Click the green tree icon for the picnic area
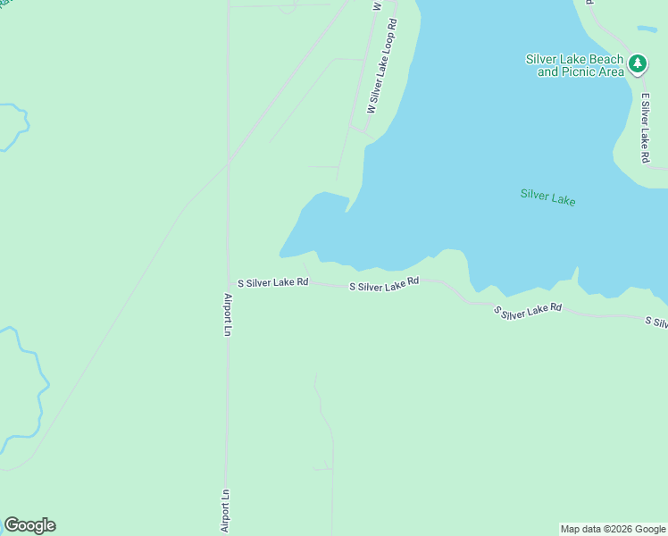(637, 63)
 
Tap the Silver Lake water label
(547, 197)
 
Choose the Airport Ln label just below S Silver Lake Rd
(228, 314)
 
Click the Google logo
(29, 525)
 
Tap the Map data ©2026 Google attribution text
(613, 529)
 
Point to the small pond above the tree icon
(647, 29)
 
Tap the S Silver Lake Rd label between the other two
(384, 284)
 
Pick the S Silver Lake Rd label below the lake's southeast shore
(528, 310)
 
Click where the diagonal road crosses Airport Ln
(229, 161)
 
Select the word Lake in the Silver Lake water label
(563, 199)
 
